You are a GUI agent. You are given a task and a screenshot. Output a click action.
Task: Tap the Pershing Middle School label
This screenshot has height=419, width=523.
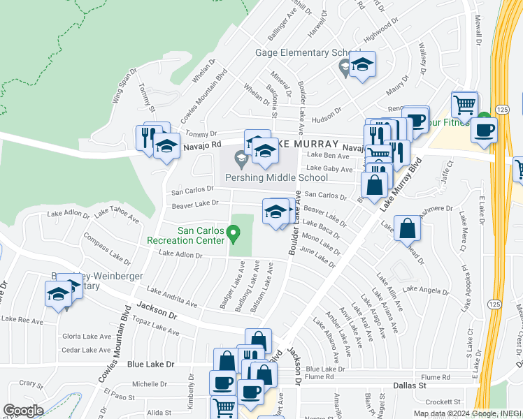[287, 177]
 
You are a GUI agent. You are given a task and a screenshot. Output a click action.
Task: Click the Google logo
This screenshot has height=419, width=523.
[22, 410]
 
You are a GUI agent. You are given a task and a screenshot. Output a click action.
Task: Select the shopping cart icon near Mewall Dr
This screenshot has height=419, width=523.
[464, 105]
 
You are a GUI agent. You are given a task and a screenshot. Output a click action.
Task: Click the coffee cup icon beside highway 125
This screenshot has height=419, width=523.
[483, 129]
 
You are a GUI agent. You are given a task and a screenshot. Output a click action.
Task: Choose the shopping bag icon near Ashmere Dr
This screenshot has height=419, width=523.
[407, 228]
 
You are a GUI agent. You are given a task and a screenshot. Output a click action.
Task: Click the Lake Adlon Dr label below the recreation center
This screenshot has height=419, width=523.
[180, 255]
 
